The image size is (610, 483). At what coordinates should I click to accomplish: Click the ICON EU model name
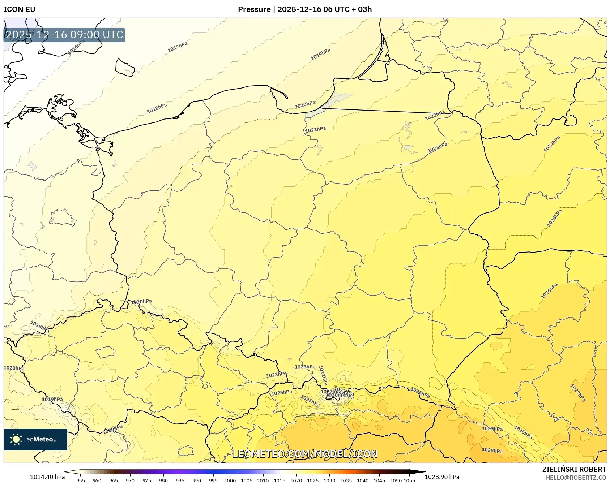[x=20, y=9]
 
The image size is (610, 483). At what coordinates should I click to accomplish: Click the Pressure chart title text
[x=304, y=9]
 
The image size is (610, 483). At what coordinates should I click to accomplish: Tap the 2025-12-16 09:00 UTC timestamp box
[x=64, y=35]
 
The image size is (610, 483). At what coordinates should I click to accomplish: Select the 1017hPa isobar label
[x=178, y=47]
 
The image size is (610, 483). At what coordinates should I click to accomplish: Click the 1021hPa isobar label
[x=315, y=129]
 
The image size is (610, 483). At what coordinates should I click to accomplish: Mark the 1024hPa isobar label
[x=552, y=144]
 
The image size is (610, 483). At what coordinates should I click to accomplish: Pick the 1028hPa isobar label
[x=492, y=450]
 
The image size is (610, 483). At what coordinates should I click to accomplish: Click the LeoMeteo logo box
[x=35, y=439]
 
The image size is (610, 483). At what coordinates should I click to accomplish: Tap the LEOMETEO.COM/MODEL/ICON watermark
[x=305, y=454]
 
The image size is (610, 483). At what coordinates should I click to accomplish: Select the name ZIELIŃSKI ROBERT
[x=574, y=469]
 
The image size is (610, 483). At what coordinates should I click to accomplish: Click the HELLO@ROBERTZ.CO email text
[x=576, y=478]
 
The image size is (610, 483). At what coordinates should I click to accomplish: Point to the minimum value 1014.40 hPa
[x=47, y=477]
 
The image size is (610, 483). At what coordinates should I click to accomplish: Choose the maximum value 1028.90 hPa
[x=442, y=477]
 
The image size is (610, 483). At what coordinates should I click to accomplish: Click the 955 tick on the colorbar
[x=81, y=480]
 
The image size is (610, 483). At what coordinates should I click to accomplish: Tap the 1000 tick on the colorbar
[x=230, y=480]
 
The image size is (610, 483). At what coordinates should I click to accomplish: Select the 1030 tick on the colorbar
[x=329, y=480]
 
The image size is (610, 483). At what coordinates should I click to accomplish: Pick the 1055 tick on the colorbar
[x=409, y=480]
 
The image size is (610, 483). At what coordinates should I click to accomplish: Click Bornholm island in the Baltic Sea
[x=125, y=68]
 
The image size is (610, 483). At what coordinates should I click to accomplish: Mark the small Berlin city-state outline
[x=62, y=217]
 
